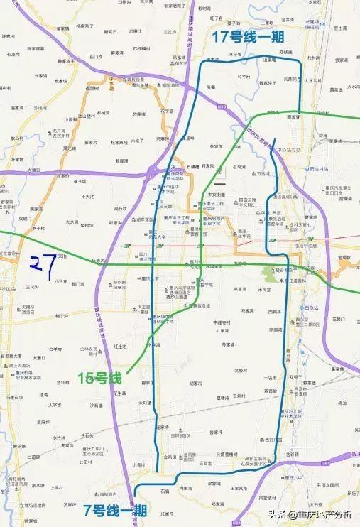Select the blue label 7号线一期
point(114,510)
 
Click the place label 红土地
point(120,346)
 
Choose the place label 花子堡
point(168,112)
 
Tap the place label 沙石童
point(95,405)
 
